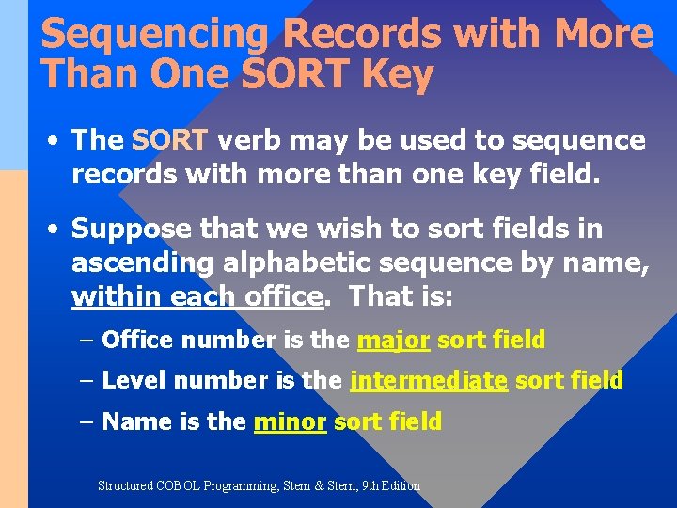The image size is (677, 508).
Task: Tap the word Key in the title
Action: coord(396,75)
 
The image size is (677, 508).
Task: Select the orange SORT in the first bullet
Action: coord(169,140)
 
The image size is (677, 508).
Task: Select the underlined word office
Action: coord(283,296)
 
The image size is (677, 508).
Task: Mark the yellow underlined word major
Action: coord(393,340)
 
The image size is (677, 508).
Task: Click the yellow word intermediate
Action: coord(428,380)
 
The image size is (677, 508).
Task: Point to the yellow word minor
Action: coord(290,421)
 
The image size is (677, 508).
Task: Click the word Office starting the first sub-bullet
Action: coord(137,340)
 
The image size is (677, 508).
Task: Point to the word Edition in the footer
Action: coord(400,486)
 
